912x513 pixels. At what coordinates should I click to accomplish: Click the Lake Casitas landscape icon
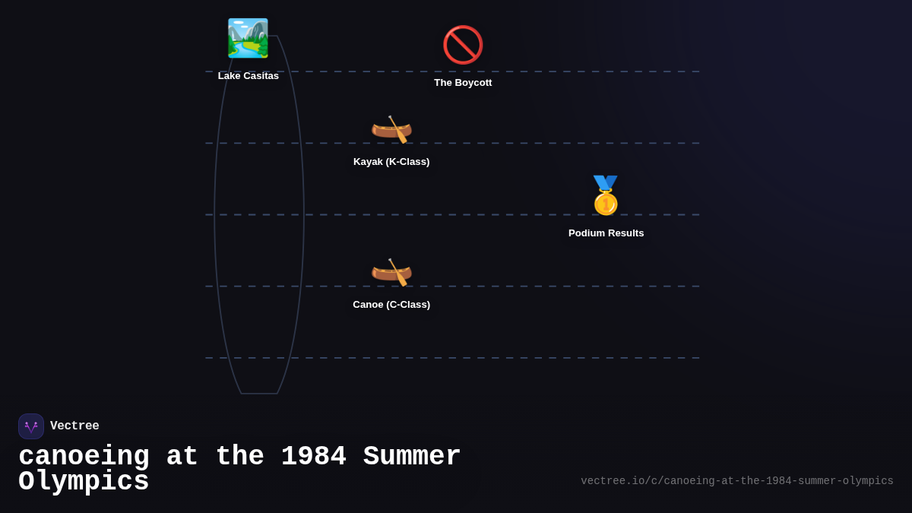click(x=248, y=38)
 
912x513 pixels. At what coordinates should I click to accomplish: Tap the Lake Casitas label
click(x=249, y=76)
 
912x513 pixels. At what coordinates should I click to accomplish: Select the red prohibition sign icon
click(x=463, y=45)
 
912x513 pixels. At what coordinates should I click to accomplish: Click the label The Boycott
click(x=463, y=83)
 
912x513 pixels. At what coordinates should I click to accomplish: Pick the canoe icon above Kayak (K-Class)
click(x=391, y=129)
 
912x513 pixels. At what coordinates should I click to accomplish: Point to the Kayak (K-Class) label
click(x=391, y=162)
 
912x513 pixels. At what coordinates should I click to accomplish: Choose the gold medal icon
click(x=606, y=196)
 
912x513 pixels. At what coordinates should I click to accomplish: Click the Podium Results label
click(x=606, y=233)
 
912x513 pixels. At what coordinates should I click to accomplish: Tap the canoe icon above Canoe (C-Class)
click(x=391, y=272)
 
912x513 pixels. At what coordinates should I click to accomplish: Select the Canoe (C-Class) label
click(x=391, y=305)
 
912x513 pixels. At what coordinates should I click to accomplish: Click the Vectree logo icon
click(x=31, y=426)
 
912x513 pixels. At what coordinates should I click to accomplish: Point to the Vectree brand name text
click(x=74, y=426)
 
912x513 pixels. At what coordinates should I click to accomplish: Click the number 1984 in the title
click(x=313, y=457)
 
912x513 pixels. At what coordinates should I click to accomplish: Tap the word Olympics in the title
click(x=84, y=482)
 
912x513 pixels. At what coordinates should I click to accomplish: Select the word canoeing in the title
click(x=84, y=457)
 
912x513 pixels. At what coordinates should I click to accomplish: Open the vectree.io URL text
click(x=736, y=481)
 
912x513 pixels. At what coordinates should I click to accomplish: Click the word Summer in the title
click(x=411, y=457)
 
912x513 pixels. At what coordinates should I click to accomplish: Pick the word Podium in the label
click(x=587, y=233)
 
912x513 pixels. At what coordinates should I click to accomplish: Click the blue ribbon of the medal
click(x=606, y=182)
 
